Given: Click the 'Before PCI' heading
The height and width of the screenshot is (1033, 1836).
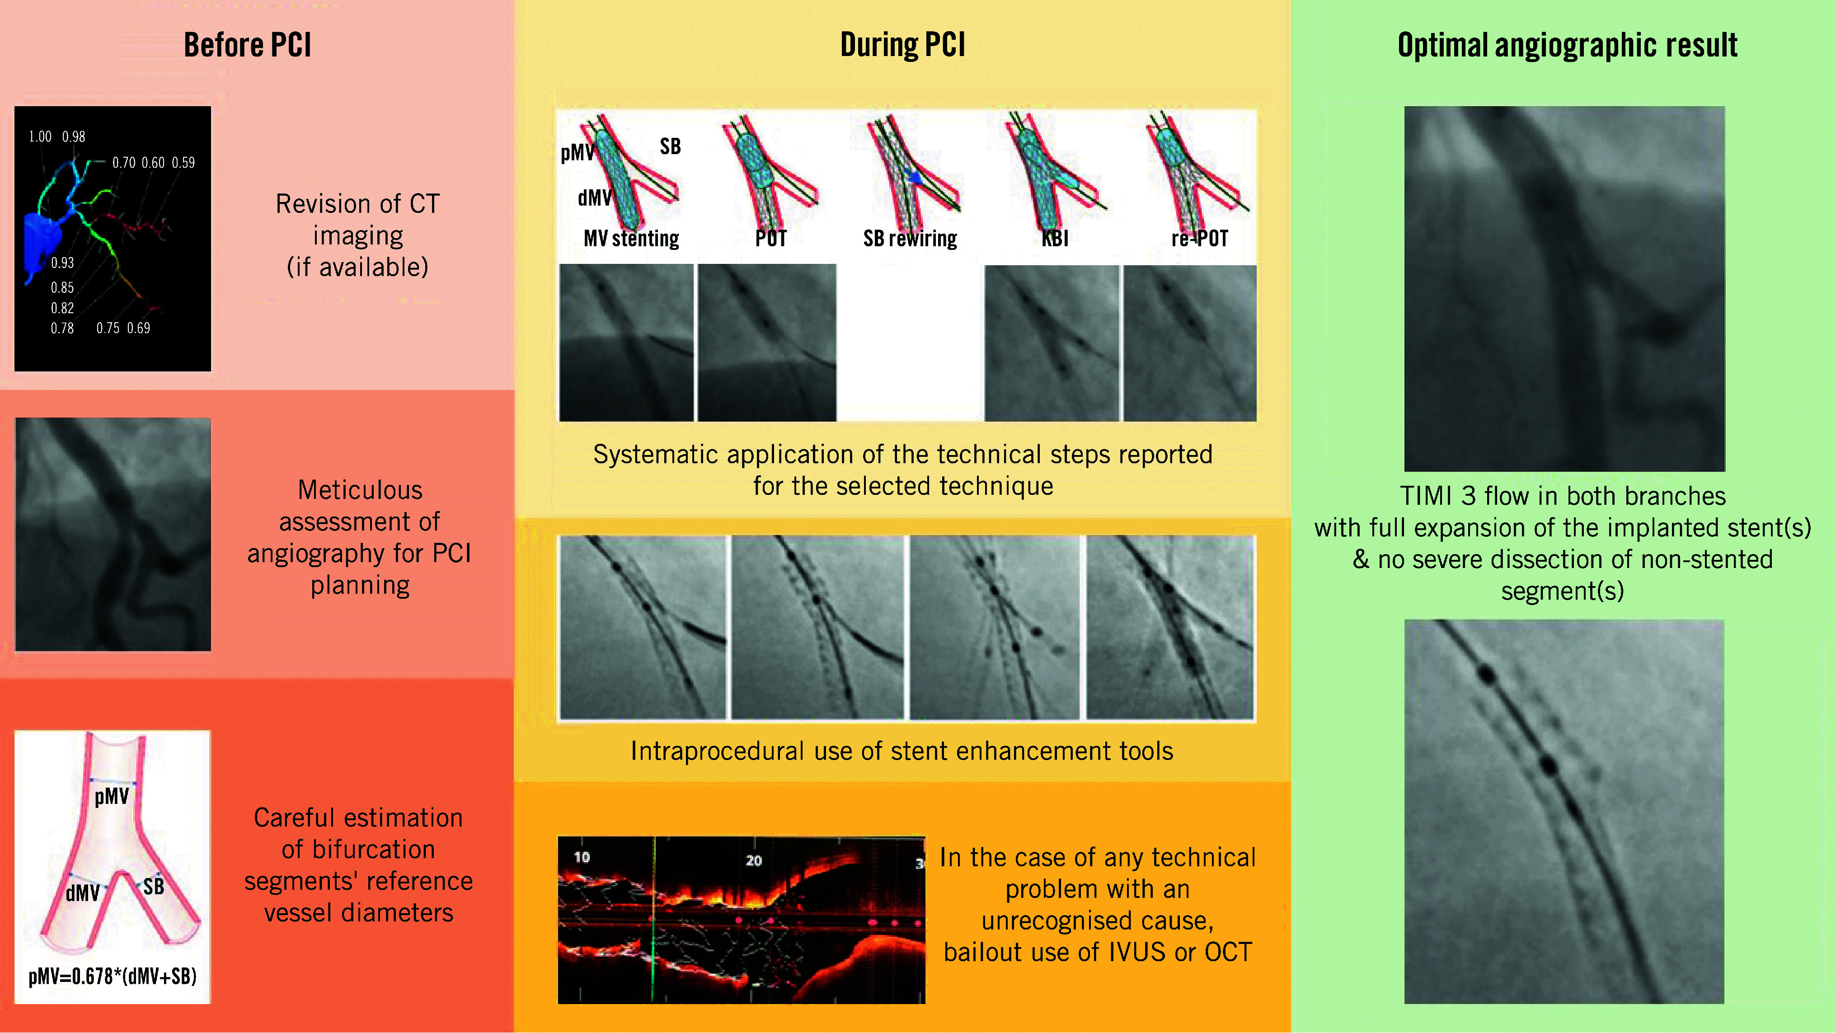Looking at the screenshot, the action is [x=247, y=45].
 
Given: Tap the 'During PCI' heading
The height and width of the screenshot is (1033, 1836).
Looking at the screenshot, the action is [x=902, y=45].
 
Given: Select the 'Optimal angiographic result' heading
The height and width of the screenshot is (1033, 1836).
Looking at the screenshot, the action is [x=1567, y=45].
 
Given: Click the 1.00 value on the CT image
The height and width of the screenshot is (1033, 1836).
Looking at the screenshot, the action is [x=40, y=136].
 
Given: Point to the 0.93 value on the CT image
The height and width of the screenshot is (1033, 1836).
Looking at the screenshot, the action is [x=62, y=263].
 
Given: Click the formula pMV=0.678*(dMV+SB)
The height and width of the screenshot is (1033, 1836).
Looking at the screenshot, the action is [x=113, y=976].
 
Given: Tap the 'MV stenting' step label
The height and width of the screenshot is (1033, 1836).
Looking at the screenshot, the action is [x=631, y=238].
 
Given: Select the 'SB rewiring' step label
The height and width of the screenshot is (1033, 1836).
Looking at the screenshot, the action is [x=910, y=238].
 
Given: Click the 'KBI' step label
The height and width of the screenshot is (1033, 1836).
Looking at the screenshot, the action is [x=1055, y=238].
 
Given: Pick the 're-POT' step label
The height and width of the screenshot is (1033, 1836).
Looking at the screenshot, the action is [x=1200, y=238].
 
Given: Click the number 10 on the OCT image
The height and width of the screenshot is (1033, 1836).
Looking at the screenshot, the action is [x=582, y=857].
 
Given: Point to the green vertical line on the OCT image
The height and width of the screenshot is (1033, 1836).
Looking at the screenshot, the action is [x=653, y=920].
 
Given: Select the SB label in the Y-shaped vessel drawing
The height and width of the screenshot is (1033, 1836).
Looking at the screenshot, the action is [x=153, y=887].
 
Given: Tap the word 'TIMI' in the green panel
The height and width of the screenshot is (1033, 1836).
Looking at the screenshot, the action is [x=1426, y=496].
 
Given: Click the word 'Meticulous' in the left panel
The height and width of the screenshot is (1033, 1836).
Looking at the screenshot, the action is [x=360, y=490].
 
